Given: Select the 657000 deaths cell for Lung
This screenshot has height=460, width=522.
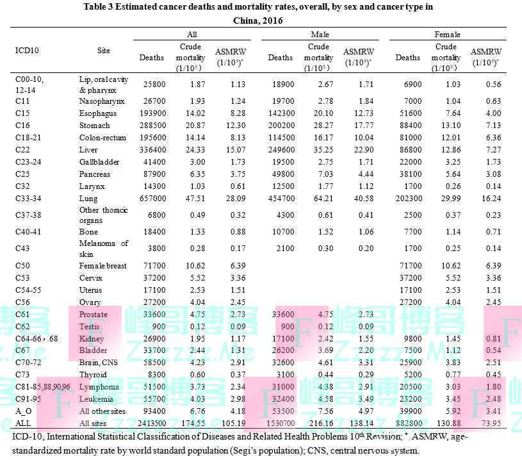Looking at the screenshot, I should point(152,199).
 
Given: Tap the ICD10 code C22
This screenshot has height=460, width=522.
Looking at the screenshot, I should point(22,149).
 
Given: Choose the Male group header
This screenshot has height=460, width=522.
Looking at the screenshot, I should point(320,34).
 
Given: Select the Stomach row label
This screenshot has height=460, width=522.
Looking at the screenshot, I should point(94,125).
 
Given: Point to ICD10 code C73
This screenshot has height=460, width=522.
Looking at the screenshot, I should point(22,375).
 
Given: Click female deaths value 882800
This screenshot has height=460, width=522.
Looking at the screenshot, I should point(407,423).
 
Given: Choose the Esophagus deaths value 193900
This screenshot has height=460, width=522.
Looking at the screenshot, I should point(152,113).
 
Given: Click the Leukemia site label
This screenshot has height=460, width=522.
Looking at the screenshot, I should point(95,399).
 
